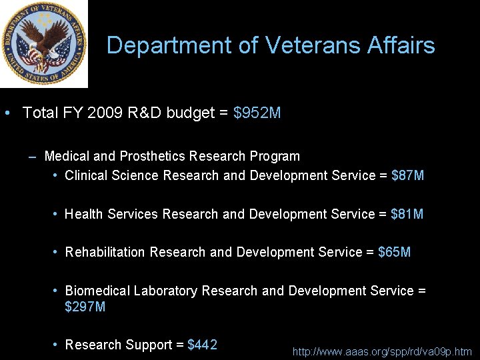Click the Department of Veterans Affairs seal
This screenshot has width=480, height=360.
click(x=44, y=44)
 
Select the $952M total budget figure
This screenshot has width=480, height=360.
click(x=257, y=113)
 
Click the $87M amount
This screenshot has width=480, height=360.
click(x=407, y=175)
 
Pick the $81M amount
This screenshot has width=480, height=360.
click(x=407, y=214)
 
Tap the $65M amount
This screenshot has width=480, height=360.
click(x=394, y=252)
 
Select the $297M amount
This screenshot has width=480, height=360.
click(x=85, y=307)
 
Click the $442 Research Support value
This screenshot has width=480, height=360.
click(x=202, y=345)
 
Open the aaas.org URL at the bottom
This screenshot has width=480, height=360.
click(x=382, y=351)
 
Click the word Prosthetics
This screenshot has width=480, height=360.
click(x=152, y=156)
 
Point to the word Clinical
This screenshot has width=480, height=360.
click(x=87, y=175)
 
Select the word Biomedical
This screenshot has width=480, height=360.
click(x=97, y=291)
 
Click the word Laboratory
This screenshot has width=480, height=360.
click(x=165, y=291)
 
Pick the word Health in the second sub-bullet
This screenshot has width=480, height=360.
click(x=84, y=214)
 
